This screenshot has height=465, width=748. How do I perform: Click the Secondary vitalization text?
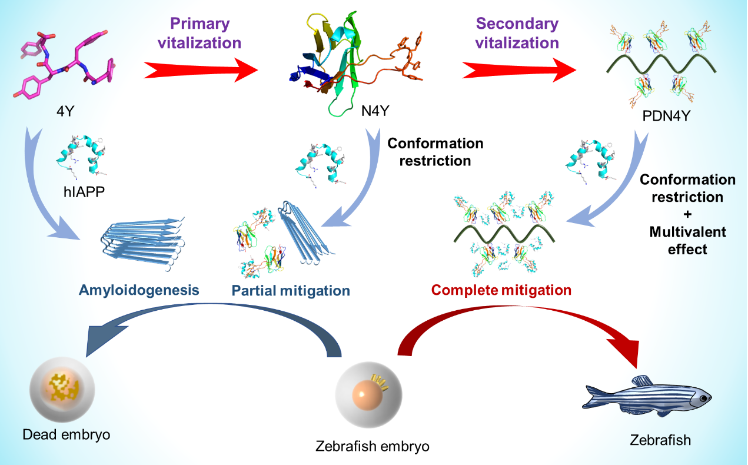click(x=517, y=33)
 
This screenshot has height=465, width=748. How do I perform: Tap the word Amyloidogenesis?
click(x=139, y=290)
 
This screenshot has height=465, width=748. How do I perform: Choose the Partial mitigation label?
click(x=291, y=291)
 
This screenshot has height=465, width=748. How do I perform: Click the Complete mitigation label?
click(x=501, y=290)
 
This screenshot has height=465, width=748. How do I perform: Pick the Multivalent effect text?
click(x=687, y=240)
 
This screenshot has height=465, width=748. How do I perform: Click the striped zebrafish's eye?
click(x=703, y=399)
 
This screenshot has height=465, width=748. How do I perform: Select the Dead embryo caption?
click(x=67, y=434)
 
